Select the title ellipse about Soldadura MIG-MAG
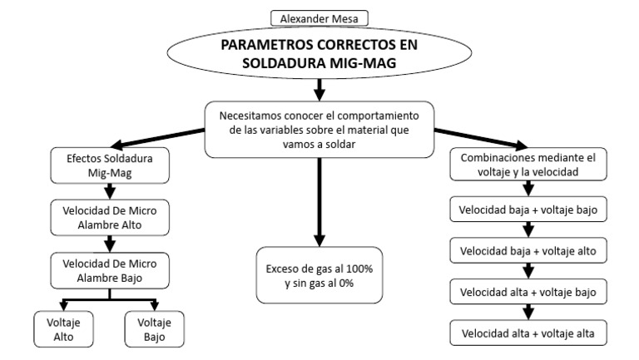[x=319, y=54]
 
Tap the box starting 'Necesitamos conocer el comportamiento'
[x=319, y=128]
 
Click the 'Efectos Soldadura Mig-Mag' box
[x=111, y=165]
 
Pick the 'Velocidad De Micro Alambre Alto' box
[x=111, y=218]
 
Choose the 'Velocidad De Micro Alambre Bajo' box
[x=111, y=270]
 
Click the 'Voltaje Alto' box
[x=64, y=329]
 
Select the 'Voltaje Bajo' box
[x=154, y=329]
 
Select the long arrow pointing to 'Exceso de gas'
[x=319, y=200]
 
